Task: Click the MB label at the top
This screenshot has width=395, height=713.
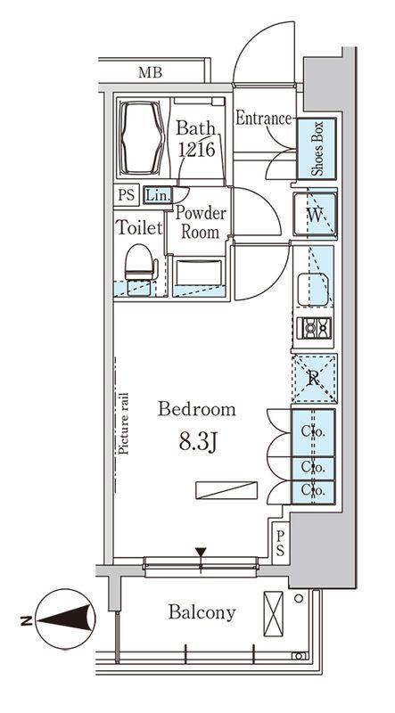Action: [x=150, y=72]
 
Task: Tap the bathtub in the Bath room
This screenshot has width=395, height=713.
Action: [x=141, y=138]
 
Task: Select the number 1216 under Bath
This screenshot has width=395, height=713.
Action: [x=196, y=149]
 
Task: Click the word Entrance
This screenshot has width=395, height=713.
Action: [x=263, y=119]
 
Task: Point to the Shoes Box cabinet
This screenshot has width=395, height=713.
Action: [x=317, y=149]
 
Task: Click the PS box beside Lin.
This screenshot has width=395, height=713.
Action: [x=127, y=195]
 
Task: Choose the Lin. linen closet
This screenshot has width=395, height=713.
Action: [x=158, y=195]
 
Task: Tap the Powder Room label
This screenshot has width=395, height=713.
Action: [x=201, y=222]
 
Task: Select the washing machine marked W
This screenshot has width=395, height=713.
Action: [x=316, y=215]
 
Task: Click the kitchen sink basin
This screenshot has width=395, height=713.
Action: [x=313, y=289]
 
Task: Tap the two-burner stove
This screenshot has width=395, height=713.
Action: [x=314, y=328]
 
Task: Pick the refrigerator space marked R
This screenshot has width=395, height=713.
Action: [x=315, y=379]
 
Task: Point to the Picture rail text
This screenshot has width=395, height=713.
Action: [x=123, y=424]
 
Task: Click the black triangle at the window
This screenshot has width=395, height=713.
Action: [x=201, y=552]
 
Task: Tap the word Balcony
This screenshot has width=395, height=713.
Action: [x=202, y=612]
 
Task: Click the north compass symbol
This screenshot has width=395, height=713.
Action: [x=65, y=619]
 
